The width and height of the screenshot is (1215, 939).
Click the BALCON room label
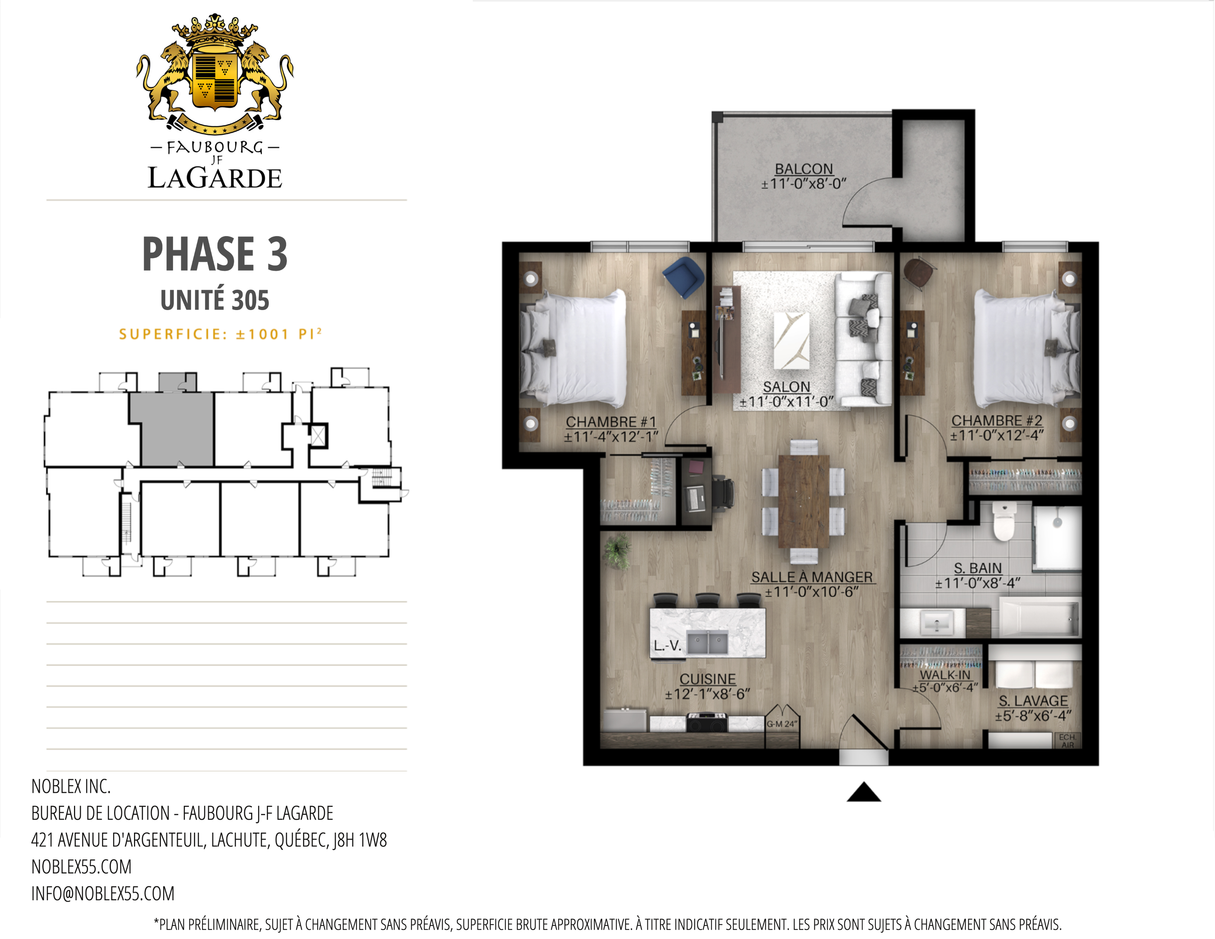point(804,169)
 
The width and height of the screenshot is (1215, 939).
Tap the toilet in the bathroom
point(1004,521)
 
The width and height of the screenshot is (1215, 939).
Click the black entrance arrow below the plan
point(863,792)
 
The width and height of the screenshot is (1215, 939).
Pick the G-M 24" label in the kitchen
point(782,724)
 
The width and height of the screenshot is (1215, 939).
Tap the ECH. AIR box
point(1068,741)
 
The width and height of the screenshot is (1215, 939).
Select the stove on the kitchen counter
point(707,722)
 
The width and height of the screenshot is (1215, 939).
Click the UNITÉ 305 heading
point(215,300)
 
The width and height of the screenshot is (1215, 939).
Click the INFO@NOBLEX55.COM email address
point(103,893)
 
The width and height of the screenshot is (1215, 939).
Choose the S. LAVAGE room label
point(1033,701)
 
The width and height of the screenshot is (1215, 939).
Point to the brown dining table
point(804,501)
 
